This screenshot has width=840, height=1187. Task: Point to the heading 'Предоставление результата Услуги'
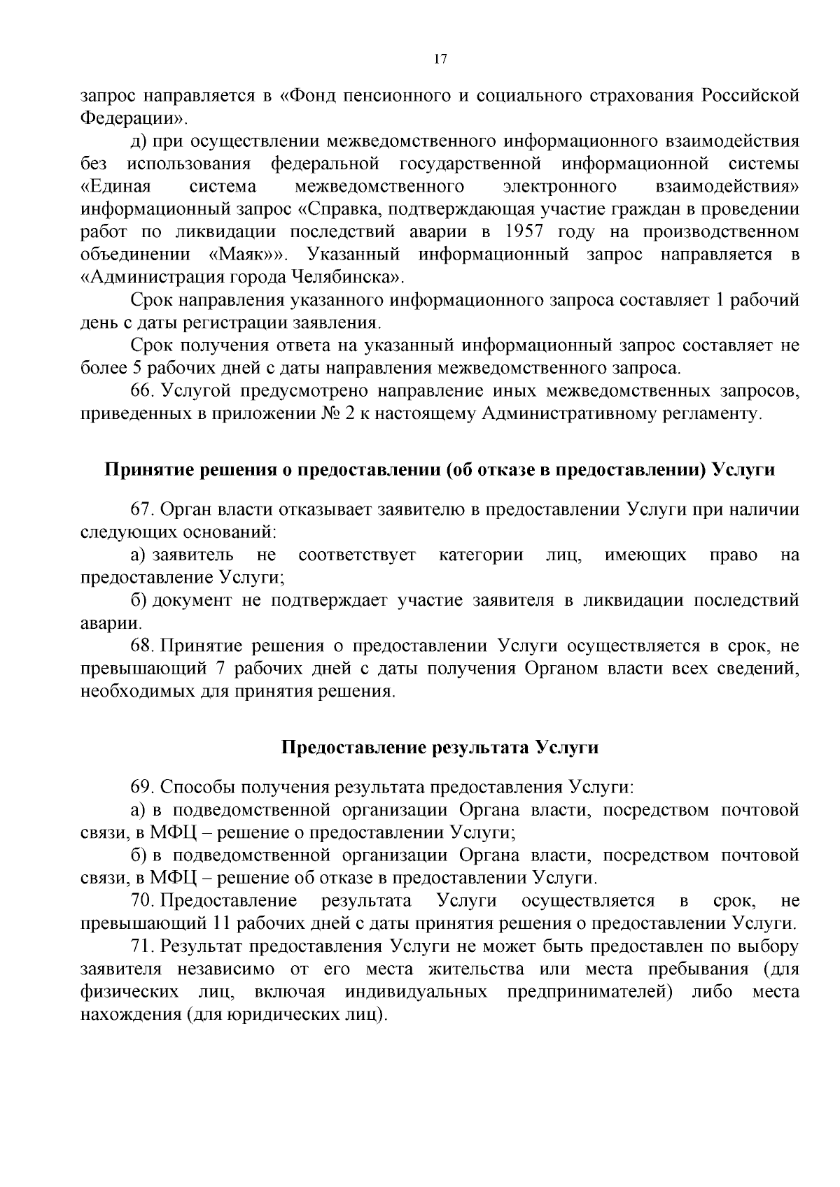(440, 747)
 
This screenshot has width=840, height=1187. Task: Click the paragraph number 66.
(142, 390)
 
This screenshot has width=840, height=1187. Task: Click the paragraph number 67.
(142, 509)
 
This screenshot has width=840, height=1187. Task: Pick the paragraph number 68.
(142, 645)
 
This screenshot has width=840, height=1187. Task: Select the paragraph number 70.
(142, 900)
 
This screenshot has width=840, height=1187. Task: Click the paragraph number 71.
(142, 946)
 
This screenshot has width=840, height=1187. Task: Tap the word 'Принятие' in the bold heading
(143, 469)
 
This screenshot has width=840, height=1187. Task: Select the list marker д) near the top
(139, 141)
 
